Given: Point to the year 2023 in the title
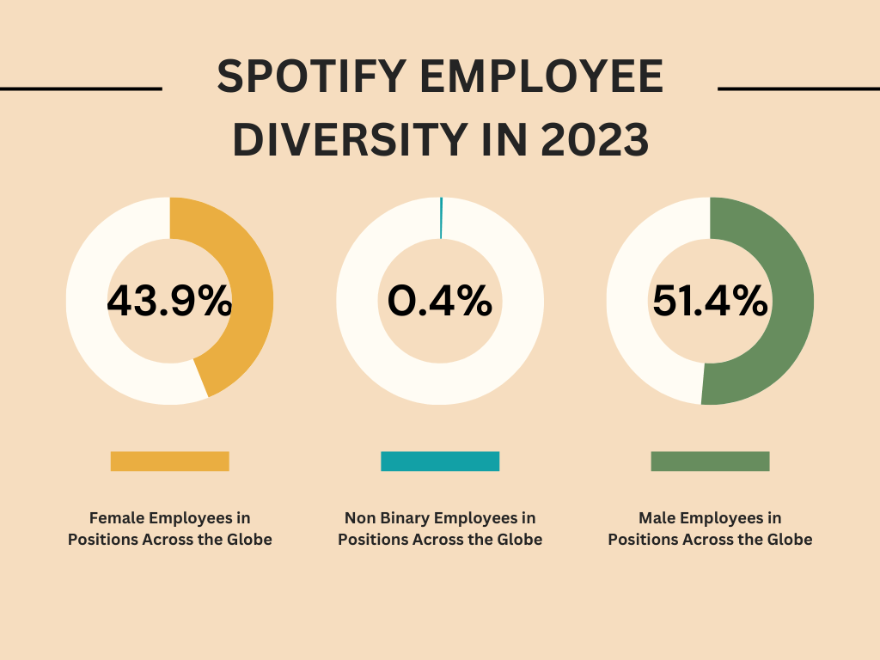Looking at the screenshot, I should tap(594, 140).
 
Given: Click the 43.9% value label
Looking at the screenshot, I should tap(169, 302).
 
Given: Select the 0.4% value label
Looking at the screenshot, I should tap(440, 302).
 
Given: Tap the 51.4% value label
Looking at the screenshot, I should tap(710, 302).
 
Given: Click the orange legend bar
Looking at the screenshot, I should tap(169, 461).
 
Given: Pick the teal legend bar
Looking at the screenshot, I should tap(440, 461).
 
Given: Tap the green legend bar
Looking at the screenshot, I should tap(710, 461).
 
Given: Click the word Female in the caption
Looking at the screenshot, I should tap(117, 518).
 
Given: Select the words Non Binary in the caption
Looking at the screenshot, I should tap(388, 518).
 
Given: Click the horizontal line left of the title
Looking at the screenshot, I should tap(81, 88).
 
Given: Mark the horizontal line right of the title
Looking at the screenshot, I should tap(798, 88).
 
